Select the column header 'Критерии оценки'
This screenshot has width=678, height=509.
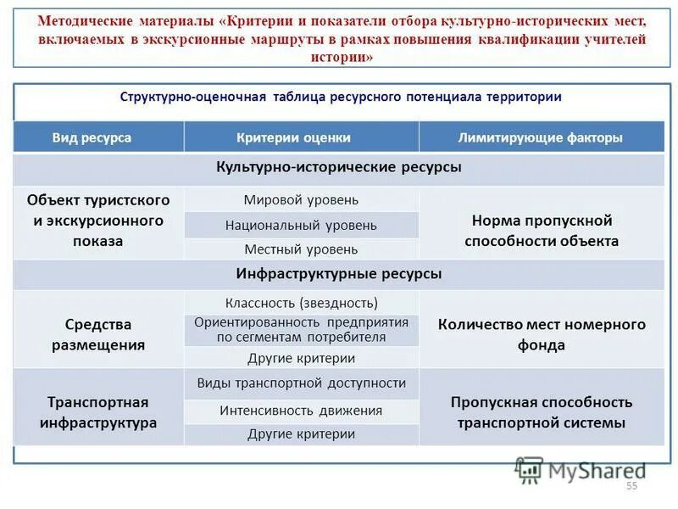(x=301, y=137)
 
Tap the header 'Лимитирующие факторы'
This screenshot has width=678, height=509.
(x=541, y=137)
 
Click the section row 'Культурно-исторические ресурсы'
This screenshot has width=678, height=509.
(x=339, y=168)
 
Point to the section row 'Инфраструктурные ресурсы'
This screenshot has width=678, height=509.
(x=339, y=275)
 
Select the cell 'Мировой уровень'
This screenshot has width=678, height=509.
(x=301, y=200)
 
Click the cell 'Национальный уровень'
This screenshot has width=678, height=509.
(x=301, y=226)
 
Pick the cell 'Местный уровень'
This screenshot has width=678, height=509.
(x=301, y=249)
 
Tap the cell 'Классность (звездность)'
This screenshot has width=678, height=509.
(x=301, y=303)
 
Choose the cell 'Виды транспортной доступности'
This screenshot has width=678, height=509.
(x=301, y=383)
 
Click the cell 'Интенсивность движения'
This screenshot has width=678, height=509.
(x=301, y=411)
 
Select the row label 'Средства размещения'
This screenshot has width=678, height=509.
(x=98, y=335)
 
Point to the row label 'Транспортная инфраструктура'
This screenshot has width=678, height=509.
(x=98, y=412)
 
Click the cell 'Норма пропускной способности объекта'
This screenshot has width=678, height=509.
(x=541, y=231)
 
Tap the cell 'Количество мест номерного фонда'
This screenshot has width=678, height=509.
(x=541, y=335)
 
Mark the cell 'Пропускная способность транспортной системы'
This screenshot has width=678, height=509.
(x=541, y=412)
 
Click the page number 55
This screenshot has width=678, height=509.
(x=631, y=486)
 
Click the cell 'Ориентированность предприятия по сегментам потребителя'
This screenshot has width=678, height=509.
(x=301, y=330)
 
